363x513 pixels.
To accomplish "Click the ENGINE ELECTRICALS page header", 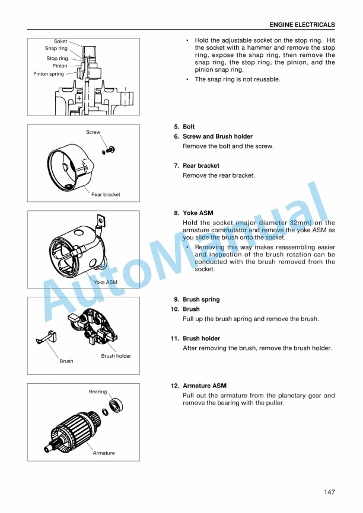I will click(x=302, y=25).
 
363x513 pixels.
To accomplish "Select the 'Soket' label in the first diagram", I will click(x=60, y=41).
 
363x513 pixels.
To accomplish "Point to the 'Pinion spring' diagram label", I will click(x=49, y=74).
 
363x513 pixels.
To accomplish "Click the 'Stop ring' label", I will click(x=58, y=59).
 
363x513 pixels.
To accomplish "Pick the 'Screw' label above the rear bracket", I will click(x=93, y=132).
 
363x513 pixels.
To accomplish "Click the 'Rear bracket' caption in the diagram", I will click(x=106, y=194).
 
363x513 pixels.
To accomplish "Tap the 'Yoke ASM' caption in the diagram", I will click(x=106, y=283).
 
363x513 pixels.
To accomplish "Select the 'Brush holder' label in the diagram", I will click(x=116, y=356).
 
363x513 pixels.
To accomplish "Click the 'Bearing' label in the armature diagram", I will click(x=98, y=392).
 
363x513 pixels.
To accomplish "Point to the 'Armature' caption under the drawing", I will click(x=104, y=453).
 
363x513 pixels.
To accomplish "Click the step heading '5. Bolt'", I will click(x=184, y=127).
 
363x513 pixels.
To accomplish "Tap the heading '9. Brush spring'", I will click(x=196, y=299).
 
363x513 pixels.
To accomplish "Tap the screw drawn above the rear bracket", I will click(x=110, y=149).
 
